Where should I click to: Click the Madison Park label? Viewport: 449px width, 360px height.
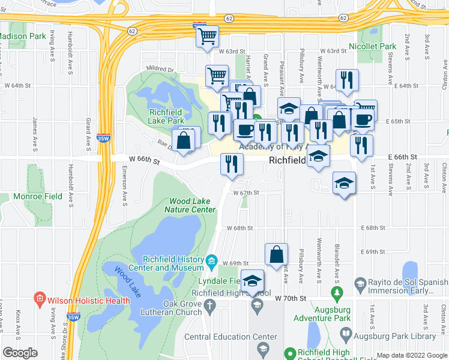pos(23,36)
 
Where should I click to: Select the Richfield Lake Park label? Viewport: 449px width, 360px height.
pos(158,116)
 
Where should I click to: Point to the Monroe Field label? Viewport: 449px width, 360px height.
pos(46,196)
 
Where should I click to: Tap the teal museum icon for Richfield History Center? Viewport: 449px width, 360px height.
pos(211,261)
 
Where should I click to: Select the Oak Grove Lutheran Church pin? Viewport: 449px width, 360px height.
pos(209,307)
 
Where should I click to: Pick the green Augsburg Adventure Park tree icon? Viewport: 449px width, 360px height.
pos(337,293)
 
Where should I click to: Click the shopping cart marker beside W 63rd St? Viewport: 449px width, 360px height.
pos(207,37)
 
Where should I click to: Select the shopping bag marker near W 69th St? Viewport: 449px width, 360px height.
pos(276,254)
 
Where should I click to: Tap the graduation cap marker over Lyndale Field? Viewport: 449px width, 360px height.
pos(253,280)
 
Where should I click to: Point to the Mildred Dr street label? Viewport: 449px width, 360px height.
pos(161,70)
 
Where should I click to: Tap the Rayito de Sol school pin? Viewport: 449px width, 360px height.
pos(360,283)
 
